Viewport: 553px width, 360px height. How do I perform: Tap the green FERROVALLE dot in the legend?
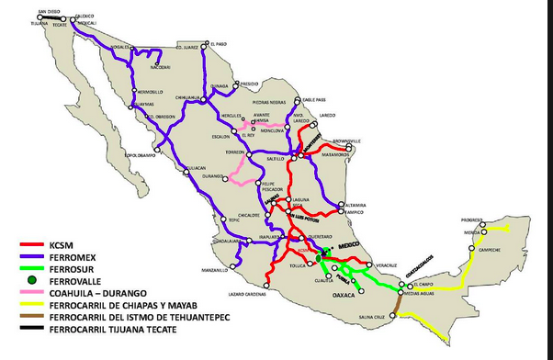[x=31, y=278]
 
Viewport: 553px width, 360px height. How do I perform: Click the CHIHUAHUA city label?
[x=187, y=96]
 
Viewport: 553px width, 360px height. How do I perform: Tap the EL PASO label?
[x=217, y=43]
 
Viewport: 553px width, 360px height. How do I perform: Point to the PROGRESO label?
[x=472, y=220]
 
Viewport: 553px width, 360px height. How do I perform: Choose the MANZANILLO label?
[x=214, y=270]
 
